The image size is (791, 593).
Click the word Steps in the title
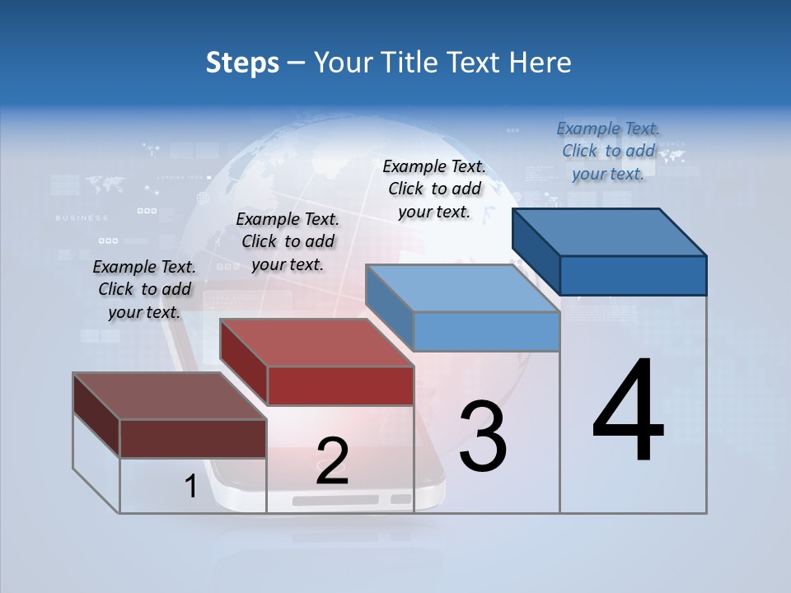[x=241, y=63]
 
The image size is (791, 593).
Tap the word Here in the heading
[x=540, y=63]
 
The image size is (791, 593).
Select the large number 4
[x=628, y=412]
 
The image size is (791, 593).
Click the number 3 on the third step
[x=482, y=437]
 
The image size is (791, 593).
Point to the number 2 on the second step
[x=332, y=461]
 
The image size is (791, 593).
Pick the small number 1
[x=190, y=487]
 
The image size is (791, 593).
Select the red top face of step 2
[x=317, y=343]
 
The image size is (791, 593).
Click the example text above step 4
[x=608, y=151]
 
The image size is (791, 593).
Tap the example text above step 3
[x=434, y=189]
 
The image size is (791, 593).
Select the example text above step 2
[x=288, y=241]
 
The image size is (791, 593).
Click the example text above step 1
[x=144, y=289]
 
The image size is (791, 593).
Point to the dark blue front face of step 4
[x=633, y=275]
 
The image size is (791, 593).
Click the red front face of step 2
[x=340, y=385]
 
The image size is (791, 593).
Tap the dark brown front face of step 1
[x=193, y=438]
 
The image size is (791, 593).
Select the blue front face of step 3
[x=486, y=332]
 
